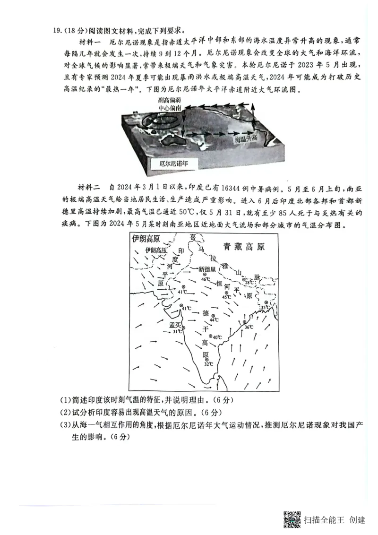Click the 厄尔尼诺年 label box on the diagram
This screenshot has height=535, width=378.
point(173,164)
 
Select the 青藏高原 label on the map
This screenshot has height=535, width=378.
point(244,246)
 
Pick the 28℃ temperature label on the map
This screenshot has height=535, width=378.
point(249,282)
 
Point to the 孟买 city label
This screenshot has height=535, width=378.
point(175,325)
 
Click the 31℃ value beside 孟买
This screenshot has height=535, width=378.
point(177,331)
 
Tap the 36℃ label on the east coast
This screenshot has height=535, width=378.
point(248,327)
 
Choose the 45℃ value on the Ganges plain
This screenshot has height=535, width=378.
point(227,297)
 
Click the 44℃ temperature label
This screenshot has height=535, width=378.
point(214,320)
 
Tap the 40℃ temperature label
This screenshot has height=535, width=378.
point(216,337)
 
